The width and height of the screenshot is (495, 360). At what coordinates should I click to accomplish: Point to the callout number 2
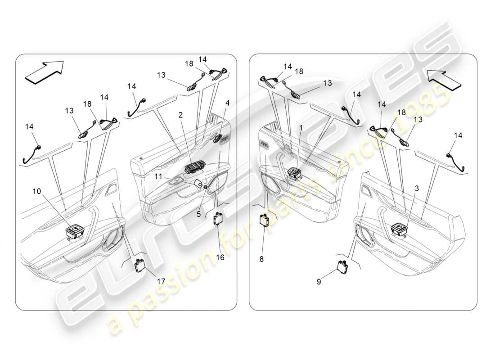180,115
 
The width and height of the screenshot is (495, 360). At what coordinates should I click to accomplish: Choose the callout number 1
301,128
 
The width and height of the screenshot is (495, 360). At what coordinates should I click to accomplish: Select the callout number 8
261,259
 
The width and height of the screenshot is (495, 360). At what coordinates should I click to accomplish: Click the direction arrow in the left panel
44,72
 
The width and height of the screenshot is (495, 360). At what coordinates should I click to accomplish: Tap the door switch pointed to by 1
295,173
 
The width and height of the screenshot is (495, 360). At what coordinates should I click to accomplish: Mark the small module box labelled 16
220,218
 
